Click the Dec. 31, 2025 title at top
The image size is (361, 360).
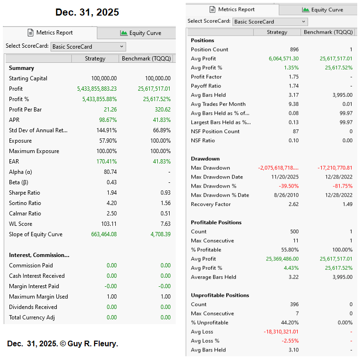pos(87,12)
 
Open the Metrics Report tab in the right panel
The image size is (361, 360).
pos(232,9)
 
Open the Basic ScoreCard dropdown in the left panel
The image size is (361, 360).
pos(88,47)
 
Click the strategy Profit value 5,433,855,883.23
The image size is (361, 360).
pos(97,89)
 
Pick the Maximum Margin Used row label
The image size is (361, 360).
pos(38,297)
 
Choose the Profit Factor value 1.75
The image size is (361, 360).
pos(293,77)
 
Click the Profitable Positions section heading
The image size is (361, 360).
pos(216,223)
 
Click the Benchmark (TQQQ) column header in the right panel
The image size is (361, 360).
pos(328,32)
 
